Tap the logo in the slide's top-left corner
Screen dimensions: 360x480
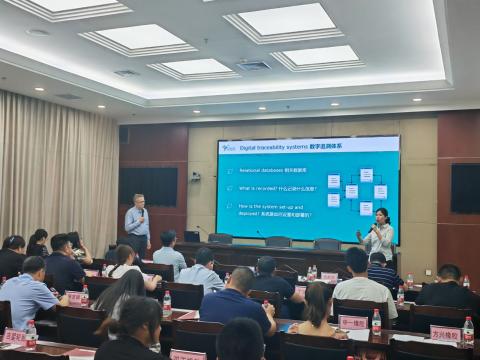click(228, 148)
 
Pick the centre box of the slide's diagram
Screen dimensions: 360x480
click(351, 191)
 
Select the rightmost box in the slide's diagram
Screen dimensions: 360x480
click(380, 192)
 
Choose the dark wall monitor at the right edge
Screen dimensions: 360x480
click(464, 188)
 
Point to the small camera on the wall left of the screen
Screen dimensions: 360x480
click(195, 176)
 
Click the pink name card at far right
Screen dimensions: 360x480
click(445, 333)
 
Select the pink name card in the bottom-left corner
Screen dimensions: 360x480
click(14, 337)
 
